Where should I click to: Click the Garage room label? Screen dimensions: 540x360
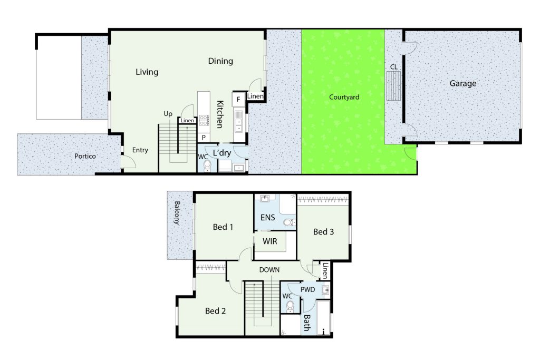pyautogui.click(x=463, y=84)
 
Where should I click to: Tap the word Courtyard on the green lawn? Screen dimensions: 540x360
pyautogui.click(x=344, y=98)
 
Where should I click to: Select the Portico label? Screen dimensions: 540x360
pyautogui.click(x=85, y=156)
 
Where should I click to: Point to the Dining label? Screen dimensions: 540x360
pyautogui.click(x=220, y=61)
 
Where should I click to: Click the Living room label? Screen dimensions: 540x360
pyautogui.click(x=147, y=72)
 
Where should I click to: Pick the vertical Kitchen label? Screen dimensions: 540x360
pyautogui.click(x=220, y=114)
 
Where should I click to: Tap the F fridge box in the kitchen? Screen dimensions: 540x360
pyautogui.click(x=238, y=100)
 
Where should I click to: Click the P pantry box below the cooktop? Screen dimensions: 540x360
pyautogui.click(x=204, y=138)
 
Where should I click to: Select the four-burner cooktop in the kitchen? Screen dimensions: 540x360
pyautogui.click(x=204, y=120)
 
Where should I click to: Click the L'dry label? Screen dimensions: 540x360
pyautogui.click(x=222, y=153)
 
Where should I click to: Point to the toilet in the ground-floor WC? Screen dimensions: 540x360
pyautogui.click(x=207, y=166)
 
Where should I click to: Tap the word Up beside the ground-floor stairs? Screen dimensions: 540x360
pyautogui.click(x=168, y=114)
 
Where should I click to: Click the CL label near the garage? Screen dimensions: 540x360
pyautogui.click(x=393, y=67)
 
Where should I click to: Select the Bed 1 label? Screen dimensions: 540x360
pyautogui.click(x=223, y=227)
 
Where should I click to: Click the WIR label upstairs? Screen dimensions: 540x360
pyautogui.click(x=269, y=241)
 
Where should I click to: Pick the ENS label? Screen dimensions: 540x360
pyautogui.click(x=267, y=218)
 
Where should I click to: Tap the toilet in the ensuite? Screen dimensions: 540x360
pyautogui.click(x=290, y=222)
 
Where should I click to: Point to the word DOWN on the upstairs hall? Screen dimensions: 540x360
pyautogui.click(x=269, y=270)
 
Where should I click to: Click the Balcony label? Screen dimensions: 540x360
pyautogui.click(x=177, y=213)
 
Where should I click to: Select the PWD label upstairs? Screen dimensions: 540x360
pyautogui.click(x=307, y=290)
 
